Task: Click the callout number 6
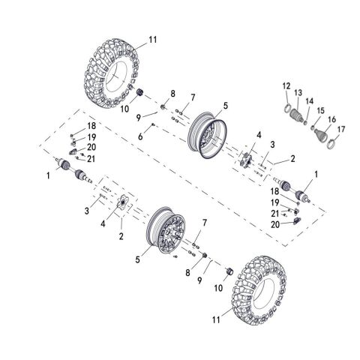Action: pos(140,136)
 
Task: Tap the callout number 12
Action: pos(286,87)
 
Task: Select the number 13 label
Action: pos(298,92)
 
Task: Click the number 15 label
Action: pos(321,111)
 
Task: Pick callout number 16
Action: pos(331,119)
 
